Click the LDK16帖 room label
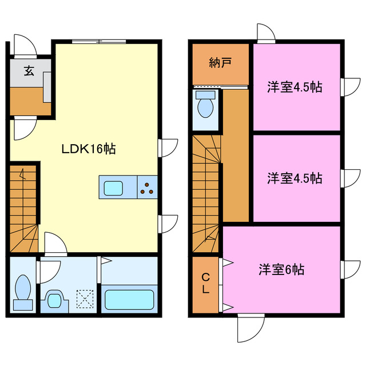point(89,149)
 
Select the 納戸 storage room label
point(220,63)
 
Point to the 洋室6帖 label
point(281,269)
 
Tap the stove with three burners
point(147,187)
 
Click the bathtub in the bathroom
point(129,299)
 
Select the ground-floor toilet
point(23,289)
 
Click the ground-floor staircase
point(23,209)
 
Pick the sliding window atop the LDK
point(99,41)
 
